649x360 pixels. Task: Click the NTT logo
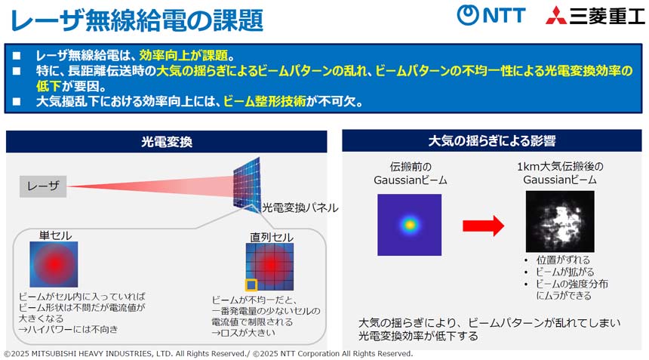pyautogui.click(x=491, y=15)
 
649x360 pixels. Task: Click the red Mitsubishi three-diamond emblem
pyautogui.click(x=556, y=16)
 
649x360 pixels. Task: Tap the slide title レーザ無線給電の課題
pyautogui.click(x=137, y=20)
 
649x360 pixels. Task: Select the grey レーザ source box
pyautogui.click(x=43, y=186)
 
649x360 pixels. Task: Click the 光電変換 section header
pyautogui.click(x=166, y=142)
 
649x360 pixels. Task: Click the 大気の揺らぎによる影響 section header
pyautogui.click(x=492, y=140)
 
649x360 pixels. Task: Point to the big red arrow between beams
pyautogui.click(x=483, y=226)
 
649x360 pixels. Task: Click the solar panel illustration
pyautogui.click(x=247, y=185)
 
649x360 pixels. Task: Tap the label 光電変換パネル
pyautogui.click(x=300, y=208)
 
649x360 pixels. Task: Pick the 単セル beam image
pyautogui.click(x=54, y=264)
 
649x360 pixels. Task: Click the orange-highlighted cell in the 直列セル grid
pyautogui.click(x=251, y=285)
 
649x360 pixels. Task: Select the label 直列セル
pyautogui.click(x=272, y=237)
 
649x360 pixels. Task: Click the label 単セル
pyautogui.click(x=55, y=235)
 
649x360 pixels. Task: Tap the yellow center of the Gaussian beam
pyautogui.click(x=409, y=225)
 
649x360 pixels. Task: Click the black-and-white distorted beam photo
pyautogui.click(x=560, y=221)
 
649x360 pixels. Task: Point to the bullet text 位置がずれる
pyautogui.click(x=563, y=260)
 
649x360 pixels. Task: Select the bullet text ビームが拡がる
pyautogui.click(x=565, y=272)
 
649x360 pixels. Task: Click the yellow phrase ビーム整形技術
pyautogui.click(x=264, y=101)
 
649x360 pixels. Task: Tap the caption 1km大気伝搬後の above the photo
pyautogui.click(x=560, y=166)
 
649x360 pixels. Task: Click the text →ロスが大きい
pyautogui.click(x=243, y=333)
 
